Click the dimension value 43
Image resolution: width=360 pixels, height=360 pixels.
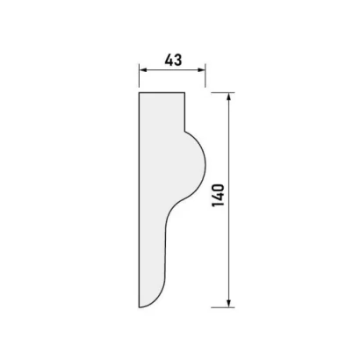point(173,60)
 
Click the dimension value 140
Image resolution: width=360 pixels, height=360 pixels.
point(218,196)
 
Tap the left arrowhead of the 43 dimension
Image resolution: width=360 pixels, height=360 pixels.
point(142,69)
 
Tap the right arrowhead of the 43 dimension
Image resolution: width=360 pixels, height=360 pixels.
point(201,69)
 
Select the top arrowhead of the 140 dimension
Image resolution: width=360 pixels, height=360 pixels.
point(229,97)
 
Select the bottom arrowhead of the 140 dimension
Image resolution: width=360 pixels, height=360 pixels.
point(229,304)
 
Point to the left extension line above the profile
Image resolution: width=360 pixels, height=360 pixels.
point(139,76)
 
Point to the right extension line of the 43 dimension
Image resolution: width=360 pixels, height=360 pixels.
point(205,76)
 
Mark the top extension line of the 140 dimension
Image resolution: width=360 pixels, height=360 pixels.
point(223,93)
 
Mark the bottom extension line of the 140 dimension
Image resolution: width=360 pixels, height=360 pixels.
point(223,307)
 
